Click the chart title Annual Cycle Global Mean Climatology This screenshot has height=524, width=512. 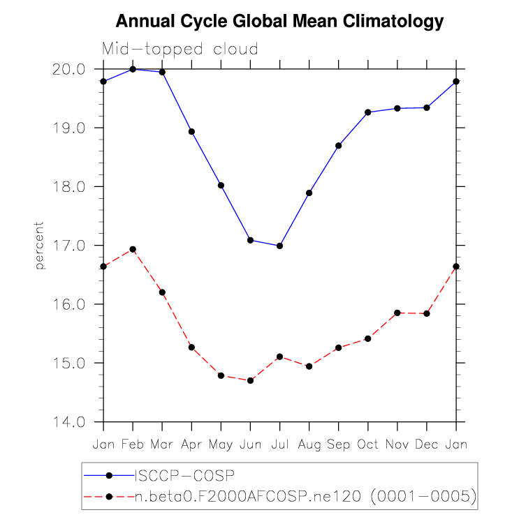point(279,22)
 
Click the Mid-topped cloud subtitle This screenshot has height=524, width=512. point(180,50)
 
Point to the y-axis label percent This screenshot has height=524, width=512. point(40,246)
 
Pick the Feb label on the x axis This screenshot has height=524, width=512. point(133,444)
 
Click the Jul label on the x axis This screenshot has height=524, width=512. point(279,444)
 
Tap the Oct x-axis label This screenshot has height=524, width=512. point(368,444)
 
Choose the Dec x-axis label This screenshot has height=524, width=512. point(427,444)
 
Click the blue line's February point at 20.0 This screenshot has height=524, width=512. point(133,69)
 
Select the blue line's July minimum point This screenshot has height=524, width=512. point(279,246)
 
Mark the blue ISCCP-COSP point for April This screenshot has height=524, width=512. point(191,131)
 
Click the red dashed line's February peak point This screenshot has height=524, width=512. point(133,249)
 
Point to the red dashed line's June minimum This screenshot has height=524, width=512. point(250,380)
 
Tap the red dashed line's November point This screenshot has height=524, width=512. point(397,313)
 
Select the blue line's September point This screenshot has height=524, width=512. point(339,146)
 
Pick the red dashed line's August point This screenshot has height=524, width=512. point(309,366)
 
